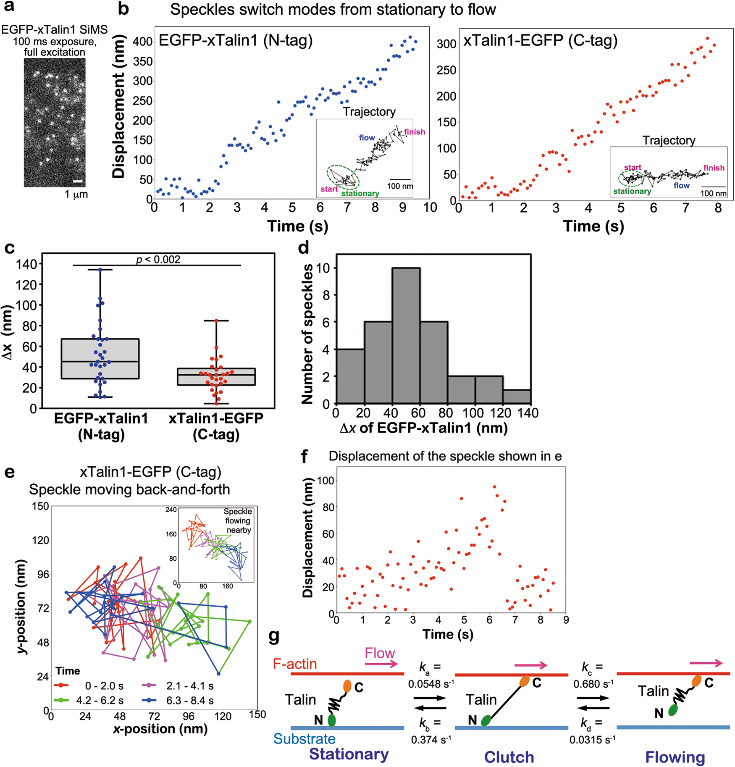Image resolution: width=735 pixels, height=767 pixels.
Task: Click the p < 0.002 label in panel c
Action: tap(158, 260)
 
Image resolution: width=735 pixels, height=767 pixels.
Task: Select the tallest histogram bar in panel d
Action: tap(406, 336)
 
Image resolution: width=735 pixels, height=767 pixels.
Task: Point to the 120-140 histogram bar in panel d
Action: tap(517, 397)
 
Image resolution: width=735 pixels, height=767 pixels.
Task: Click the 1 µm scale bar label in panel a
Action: tap(76, 194)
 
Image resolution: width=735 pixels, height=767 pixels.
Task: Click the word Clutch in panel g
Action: tap(509, 757)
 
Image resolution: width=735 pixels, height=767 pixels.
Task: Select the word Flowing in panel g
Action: tap(675, 757)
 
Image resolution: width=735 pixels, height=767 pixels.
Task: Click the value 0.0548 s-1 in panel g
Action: tap(431, 684)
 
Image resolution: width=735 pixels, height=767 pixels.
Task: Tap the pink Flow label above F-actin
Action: tap(380, 653)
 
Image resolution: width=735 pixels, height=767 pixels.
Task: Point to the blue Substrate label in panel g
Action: tap(304, 738)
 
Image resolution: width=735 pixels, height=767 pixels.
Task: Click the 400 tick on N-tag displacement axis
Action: tap(143, 42)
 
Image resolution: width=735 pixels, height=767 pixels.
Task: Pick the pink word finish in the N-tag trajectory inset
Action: tap(414, 132)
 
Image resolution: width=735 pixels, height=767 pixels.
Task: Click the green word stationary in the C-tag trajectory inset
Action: tap(632, 191)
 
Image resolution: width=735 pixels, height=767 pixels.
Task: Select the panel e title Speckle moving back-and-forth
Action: tap(129, 489)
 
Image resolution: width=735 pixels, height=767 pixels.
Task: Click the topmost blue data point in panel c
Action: tap(100, 270)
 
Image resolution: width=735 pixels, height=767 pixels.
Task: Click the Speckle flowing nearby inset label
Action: tap(238, 520)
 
